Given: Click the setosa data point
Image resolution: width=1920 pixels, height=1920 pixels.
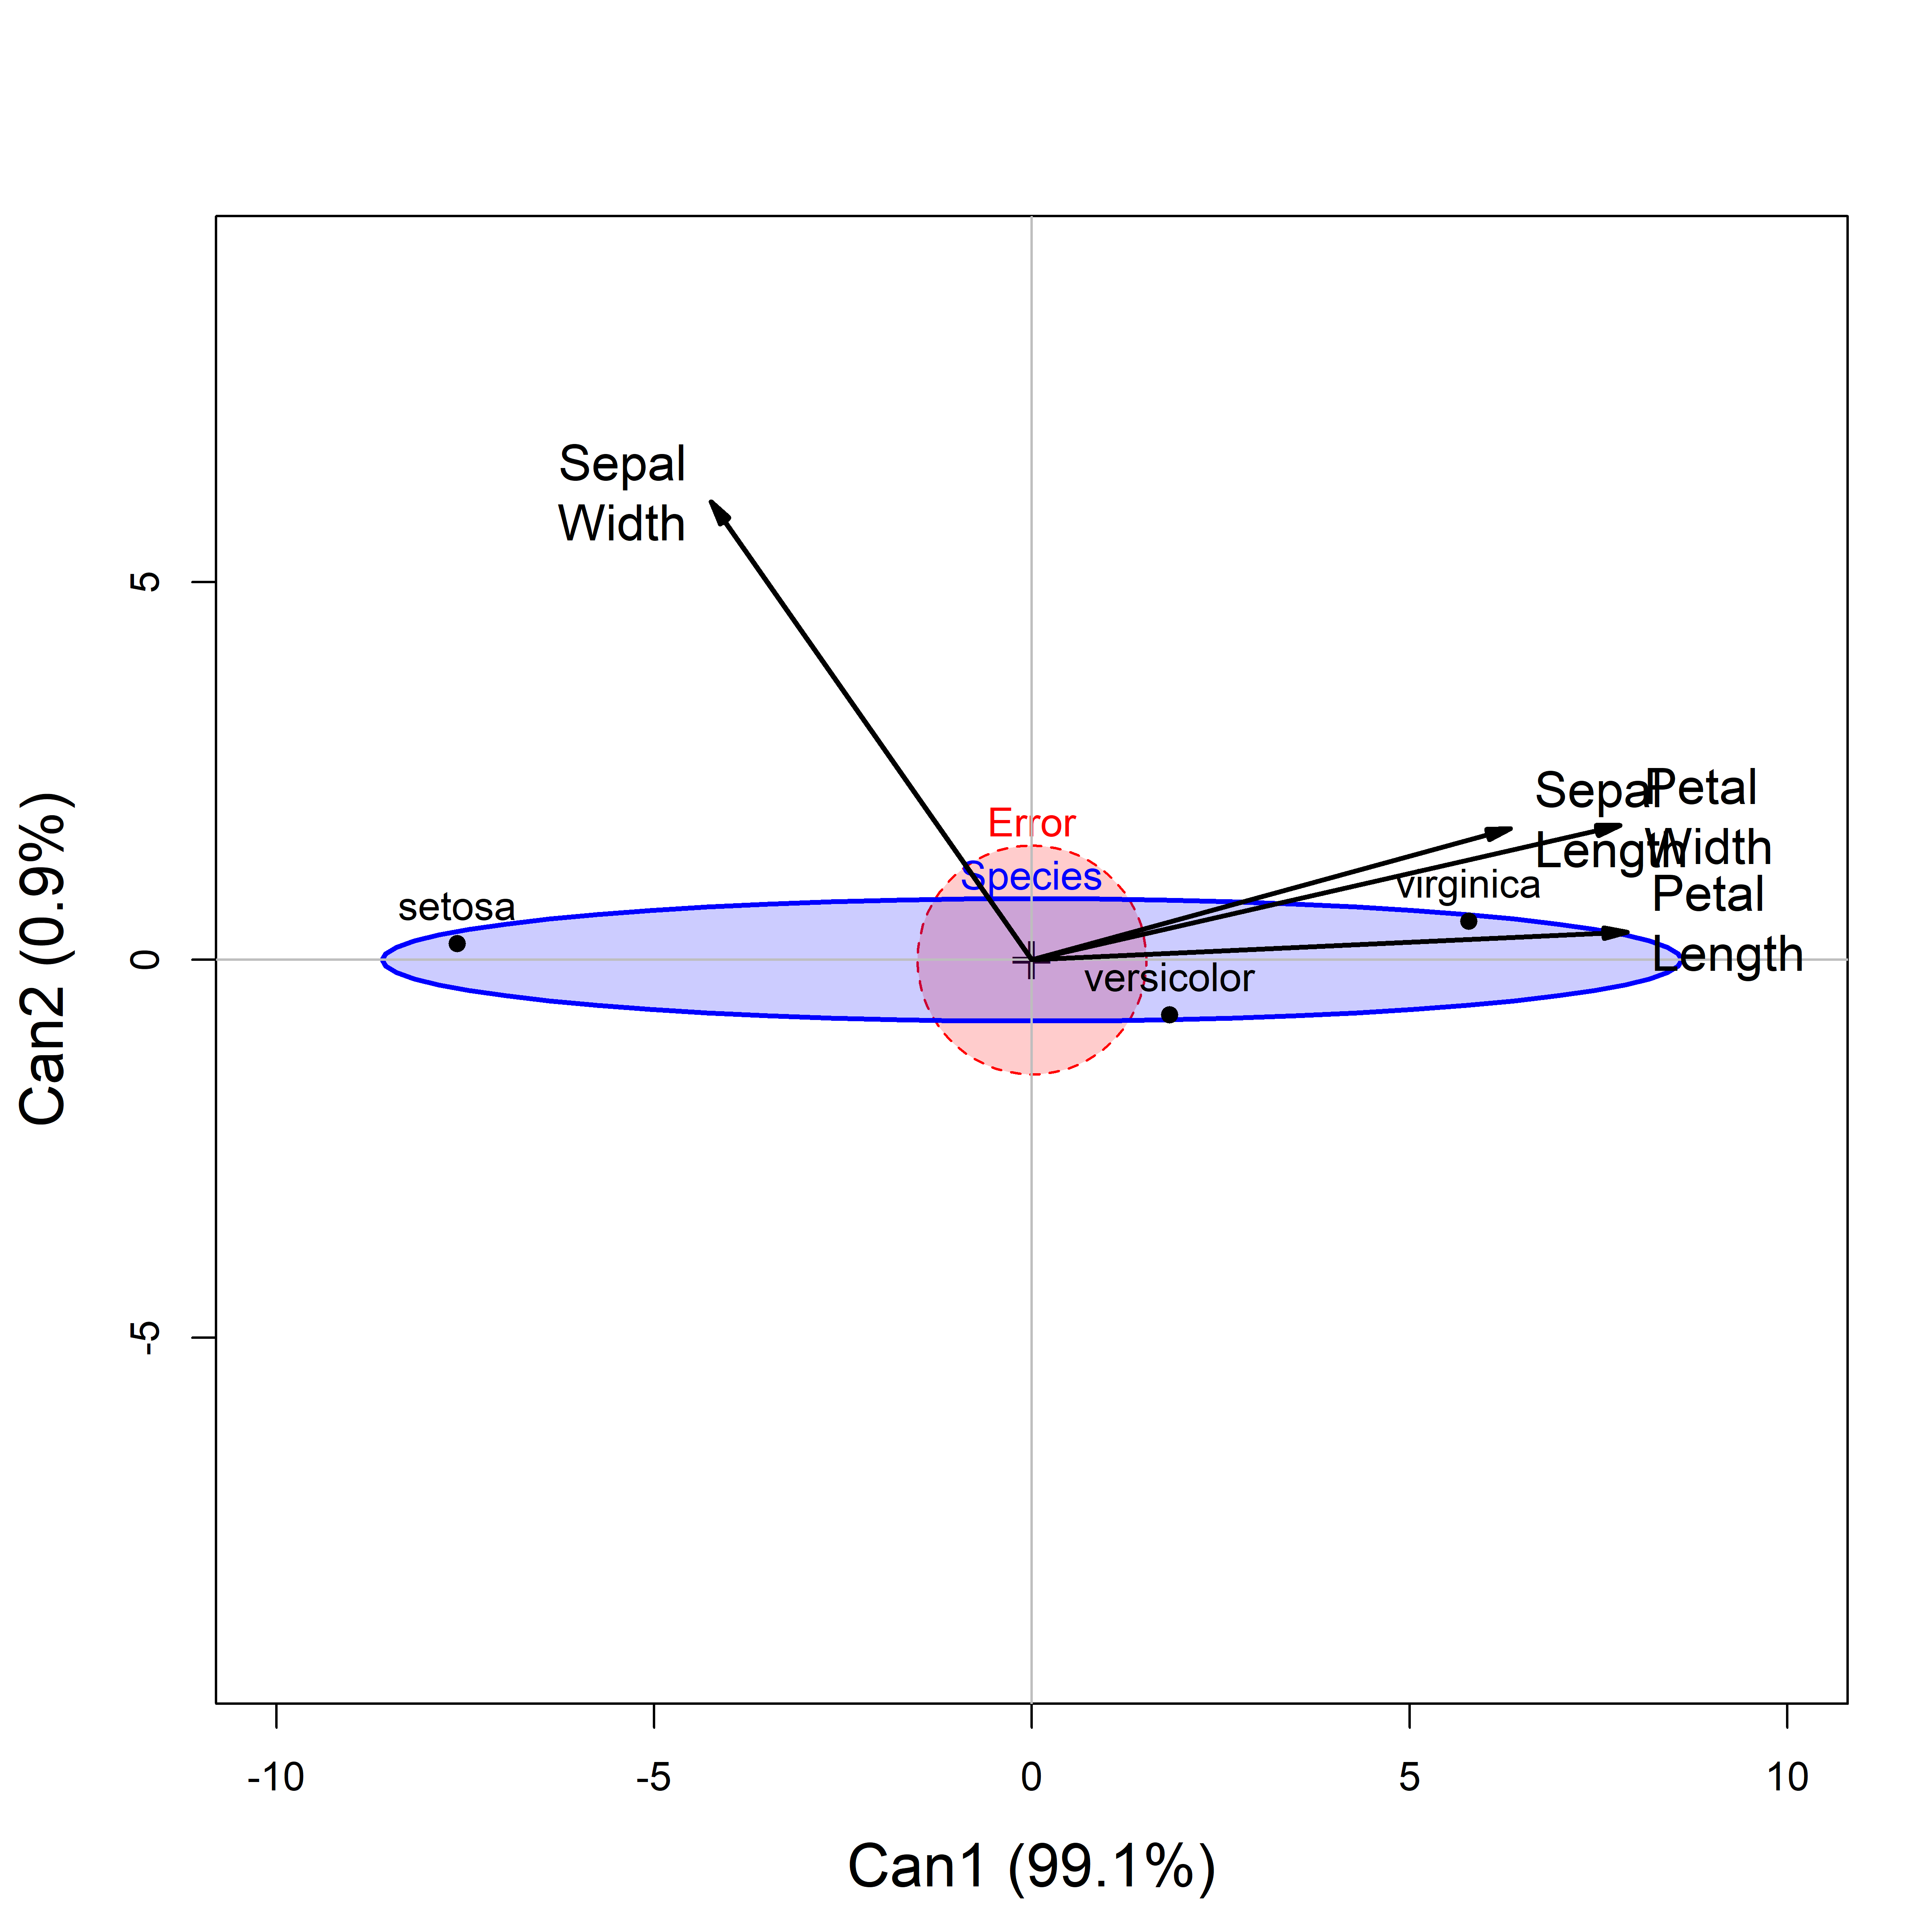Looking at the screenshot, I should [x=457, y=943].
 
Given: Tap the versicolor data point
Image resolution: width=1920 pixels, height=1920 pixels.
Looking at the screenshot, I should [x=1170, y=1015].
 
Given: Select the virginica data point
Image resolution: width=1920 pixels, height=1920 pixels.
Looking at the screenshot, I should [x=1469, y=921].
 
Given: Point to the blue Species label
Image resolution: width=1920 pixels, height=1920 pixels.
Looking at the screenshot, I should [x=1032, y=876].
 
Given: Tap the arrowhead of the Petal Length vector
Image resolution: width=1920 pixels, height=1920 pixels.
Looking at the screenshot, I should [x=1620, y=932].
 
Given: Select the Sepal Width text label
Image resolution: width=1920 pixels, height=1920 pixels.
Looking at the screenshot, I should [x=622, y=494].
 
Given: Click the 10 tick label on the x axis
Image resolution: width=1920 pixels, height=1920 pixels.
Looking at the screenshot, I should [x=1787, y=1777].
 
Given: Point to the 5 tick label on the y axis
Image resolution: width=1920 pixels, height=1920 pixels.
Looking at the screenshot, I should [x=145, y=581].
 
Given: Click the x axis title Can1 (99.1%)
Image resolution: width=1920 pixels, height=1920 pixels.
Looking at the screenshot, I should [x=1032, y=1866].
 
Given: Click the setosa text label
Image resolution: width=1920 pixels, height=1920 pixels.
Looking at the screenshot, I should [x=457, y=907].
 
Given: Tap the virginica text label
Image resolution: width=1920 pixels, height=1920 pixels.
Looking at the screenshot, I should [x=1469, y=884].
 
